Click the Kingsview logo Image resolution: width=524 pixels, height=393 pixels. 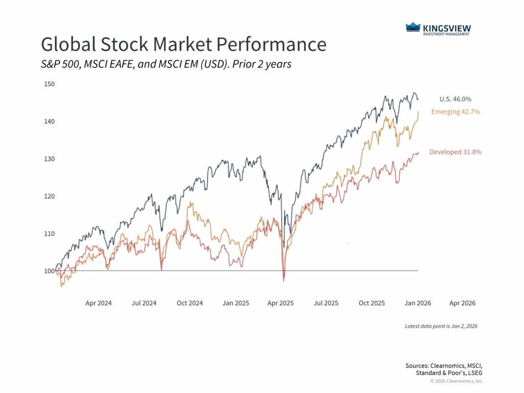(x=439, y=29)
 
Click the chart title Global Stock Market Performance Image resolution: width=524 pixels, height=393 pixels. (x=183, y=45)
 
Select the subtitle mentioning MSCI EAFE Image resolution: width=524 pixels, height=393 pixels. (x=166, y=64)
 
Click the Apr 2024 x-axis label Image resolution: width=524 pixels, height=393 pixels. (x=98, y=303)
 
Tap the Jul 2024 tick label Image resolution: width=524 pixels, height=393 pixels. (x=144, y=303)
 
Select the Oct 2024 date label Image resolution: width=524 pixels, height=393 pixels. (x=189, y=303)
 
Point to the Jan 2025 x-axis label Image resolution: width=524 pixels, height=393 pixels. (x=235, y=303)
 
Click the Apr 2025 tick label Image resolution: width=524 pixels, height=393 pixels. (x=280, y=303)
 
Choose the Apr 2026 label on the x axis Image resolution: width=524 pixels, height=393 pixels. (x=462, y=303)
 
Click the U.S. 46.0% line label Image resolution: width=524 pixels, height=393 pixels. (x=455, y=99)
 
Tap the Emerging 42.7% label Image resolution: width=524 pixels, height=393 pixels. (x=455, y=112)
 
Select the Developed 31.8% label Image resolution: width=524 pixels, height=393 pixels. (x=455, y=152)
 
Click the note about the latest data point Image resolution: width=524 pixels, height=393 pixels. (x=441, y=326)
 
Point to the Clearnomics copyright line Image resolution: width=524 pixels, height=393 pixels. (x=456, y=381)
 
